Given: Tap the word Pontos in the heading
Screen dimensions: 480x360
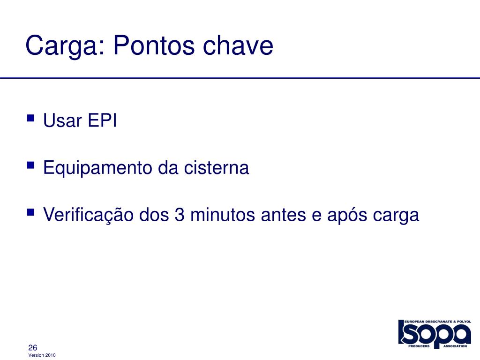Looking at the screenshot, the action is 154,45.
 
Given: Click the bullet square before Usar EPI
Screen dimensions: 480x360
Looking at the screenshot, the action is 30,118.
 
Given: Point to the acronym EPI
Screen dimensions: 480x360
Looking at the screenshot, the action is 102,120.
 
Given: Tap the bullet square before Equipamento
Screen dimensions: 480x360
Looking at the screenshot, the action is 30,165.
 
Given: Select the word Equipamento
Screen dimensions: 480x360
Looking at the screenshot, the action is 97,168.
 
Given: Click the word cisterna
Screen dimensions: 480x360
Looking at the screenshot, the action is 217,168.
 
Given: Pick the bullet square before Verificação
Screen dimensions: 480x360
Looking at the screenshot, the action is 30,212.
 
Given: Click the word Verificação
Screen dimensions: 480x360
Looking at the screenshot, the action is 88,215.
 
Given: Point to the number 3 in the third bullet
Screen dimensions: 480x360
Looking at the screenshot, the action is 180,215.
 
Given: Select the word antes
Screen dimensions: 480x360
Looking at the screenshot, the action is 283,215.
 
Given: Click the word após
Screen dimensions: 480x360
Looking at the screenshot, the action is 347,215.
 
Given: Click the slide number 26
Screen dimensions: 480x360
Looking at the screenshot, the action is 32,347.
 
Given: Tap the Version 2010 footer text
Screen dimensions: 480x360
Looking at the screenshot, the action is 42,355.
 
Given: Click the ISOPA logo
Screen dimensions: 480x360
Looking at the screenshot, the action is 435,334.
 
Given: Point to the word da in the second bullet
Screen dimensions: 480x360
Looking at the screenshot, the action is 168,168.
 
